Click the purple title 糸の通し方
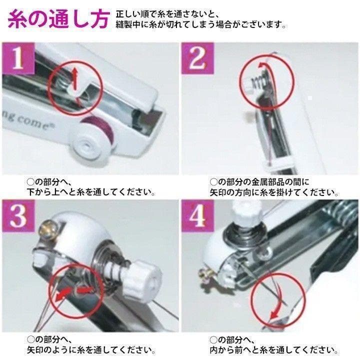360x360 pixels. (x=58, y=19)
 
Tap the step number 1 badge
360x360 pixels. (x=18, y=58)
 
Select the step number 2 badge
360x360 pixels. (x=197, y=58)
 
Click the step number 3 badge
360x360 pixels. (x=18, y=216)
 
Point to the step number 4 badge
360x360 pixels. (x=197, y=216)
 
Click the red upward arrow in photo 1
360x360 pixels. (x=75, y=78)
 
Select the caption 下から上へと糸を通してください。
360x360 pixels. (x=91, y=192)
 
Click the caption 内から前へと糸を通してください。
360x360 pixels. (x=274, y=350)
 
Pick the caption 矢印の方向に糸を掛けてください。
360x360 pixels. (x=274, y=192)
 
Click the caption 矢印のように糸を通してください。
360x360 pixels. (x=91, y=350)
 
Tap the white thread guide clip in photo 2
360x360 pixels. (x=279, y=163)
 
